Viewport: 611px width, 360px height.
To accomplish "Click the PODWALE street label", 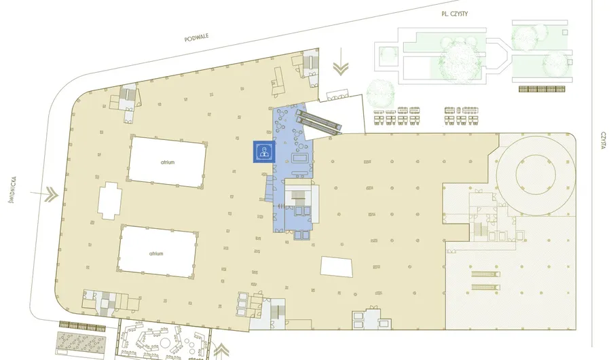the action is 196,37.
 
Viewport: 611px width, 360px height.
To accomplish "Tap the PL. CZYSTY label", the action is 454,14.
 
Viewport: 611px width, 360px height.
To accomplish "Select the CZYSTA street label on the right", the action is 604,141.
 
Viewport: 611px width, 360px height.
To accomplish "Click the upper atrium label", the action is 168,162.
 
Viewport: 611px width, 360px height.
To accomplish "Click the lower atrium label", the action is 156,253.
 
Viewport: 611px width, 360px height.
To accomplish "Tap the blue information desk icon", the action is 264,151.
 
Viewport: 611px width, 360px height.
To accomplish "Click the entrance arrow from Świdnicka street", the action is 44,194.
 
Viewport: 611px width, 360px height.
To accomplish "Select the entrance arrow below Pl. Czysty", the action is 341,62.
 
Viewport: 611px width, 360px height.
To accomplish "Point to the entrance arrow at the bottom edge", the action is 221,351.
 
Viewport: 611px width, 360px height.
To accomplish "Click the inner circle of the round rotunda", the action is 536,175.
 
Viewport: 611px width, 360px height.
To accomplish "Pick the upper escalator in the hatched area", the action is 485,274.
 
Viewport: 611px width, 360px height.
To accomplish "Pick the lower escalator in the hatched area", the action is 485,287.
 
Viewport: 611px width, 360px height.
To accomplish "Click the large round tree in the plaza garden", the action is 458,63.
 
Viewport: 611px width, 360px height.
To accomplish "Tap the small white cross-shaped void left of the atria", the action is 110,201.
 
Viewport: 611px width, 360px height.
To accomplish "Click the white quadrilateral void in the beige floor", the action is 337,266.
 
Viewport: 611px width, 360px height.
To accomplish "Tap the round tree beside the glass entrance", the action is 381,93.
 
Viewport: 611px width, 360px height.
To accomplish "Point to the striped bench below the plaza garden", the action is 542,89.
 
